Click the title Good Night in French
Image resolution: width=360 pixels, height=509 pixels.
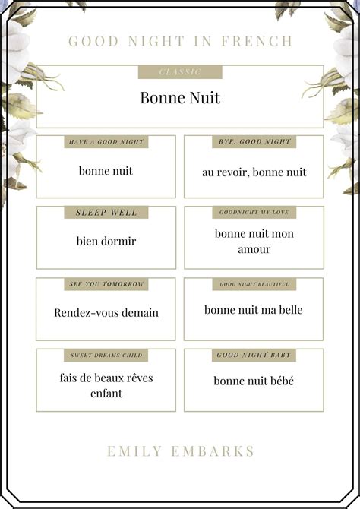coord(180,41)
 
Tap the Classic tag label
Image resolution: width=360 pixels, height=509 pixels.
coord(180,72)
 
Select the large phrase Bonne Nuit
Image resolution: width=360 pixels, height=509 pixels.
coord(180,98)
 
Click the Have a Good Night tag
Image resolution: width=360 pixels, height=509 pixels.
coord(106,142)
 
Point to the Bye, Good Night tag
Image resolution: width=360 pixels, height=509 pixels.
coord(254,142)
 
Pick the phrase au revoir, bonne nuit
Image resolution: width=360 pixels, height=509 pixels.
coord(254,172)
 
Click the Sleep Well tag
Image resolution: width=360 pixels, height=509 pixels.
coord(106,213)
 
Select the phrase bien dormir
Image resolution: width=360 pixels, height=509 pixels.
coord(106,242)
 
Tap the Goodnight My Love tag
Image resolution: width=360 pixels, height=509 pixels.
coord(254,213)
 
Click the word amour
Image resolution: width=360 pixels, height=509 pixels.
coord(254,249)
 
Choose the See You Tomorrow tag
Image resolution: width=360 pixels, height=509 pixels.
coord(106,284)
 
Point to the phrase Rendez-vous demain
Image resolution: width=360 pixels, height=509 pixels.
coord(106,313)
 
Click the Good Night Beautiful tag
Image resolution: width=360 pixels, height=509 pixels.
coord(254,284)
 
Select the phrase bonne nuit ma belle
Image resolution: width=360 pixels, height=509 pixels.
coord(254,310)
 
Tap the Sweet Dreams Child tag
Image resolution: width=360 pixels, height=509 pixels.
coord(106,355)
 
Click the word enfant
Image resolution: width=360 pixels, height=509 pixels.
coord(106,394)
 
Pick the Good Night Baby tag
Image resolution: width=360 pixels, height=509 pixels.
coord(254,355)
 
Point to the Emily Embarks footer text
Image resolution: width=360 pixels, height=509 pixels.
coord(180,451)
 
